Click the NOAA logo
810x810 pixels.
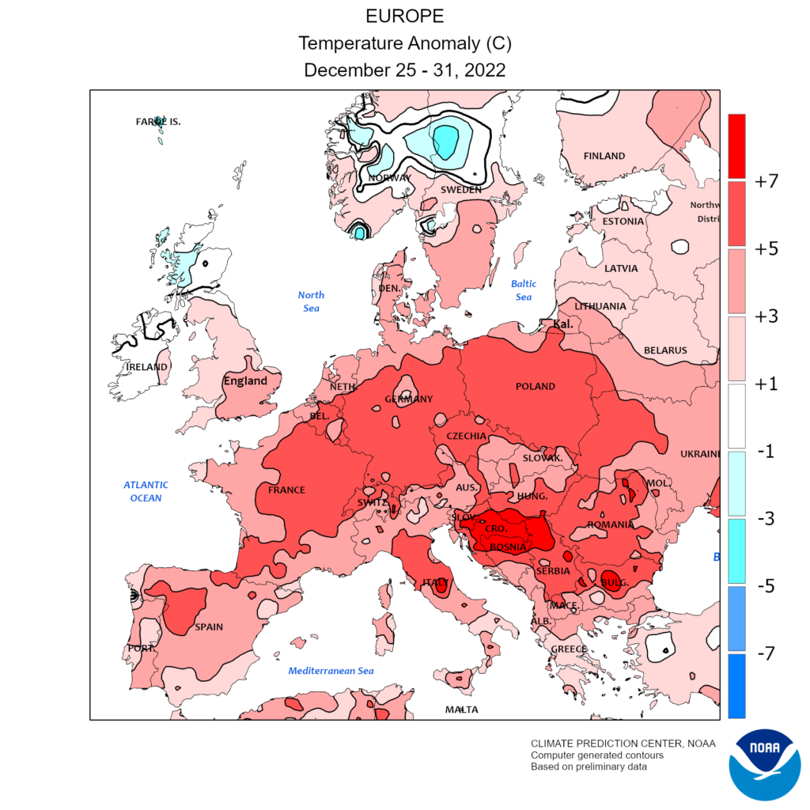pos(765,764)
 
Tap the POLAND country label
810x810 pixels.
pos(536,387)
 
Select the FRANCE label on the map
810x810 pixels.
pos(286,490)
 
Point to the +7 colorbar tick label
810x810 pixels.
pos(766,181)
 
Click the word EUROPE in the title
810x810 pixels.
pos(404,17)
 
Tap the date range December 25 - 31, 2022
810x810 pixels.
pos(404,70)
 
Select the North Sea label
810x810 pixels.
pos(311,301)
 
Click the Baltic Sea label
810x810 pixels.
pos(524,290)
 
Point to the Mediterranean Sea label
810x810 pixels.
pos(331,671)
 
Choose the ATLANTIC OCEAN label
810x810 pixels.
pos(146,491)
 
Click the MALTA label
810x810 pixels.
pos(461,710)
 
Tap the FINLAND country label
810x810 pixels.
pos(604,156)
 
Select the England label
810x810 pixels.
pos(245,380)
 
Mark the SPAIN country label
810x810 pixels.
pos(209,627)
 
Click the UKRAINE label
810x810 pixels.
pos(700,454)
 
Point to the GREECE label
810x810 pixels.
pos(569,649)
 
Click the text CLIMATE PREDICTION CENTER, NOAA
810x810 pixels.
pos(623,744)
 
